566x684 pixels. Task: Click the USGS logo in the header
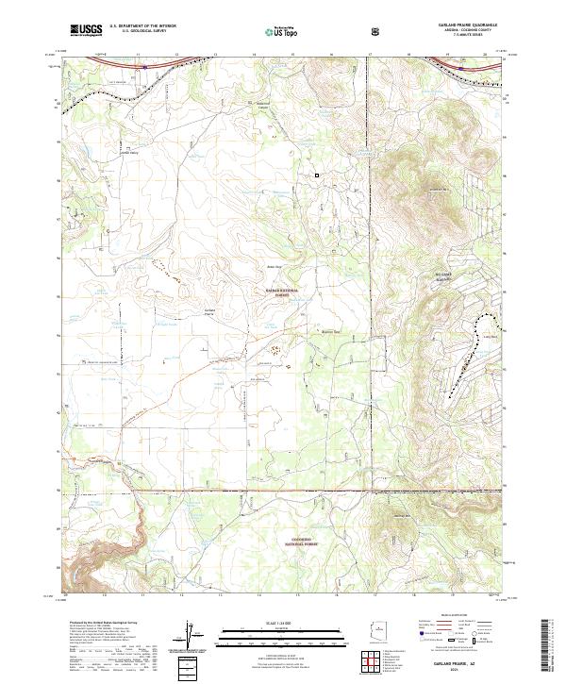click(x=85, y=30)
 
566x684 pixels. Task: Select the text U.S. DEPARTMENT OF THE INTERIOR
click(x=141, y=25)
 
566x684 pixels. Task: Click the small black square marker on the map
click(x=317, y=175)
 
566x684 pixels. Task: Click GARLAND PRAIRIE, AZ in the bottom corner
click(x=466, y=665)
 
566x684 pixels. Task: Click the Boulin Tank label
click(x=325, y=331)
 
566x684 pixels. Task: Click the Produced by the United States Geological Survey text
click(x=104, y=624)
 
